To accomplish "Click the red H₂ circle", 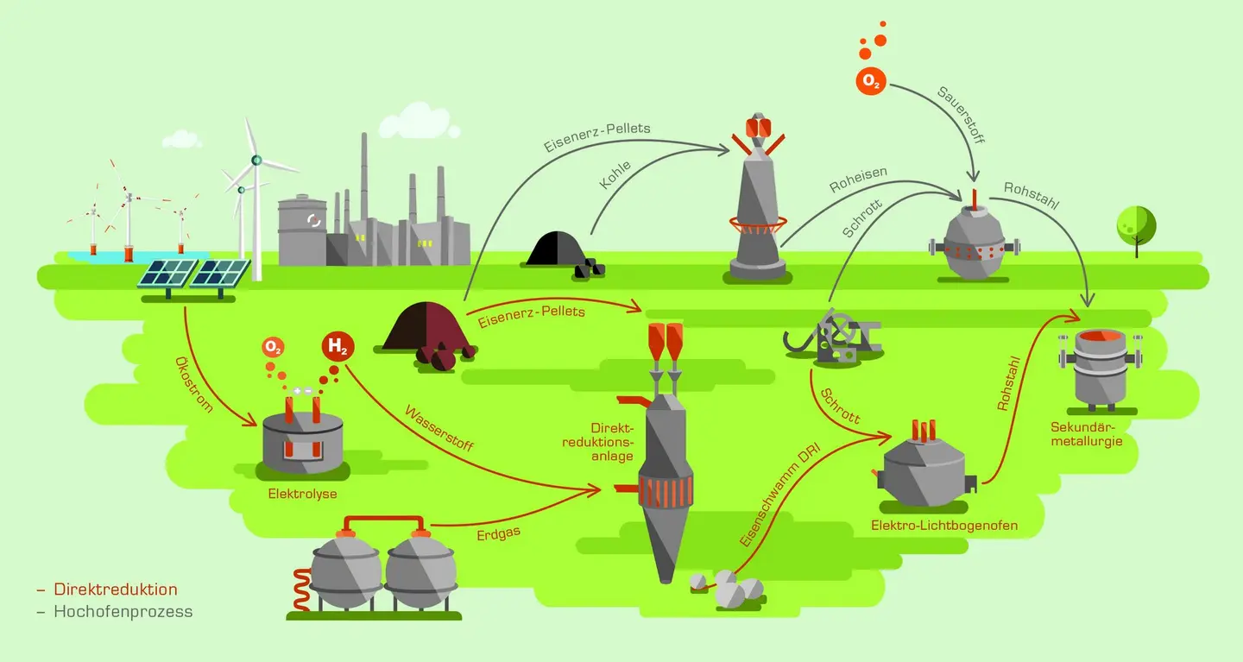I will pyautogui.click(x=338, y=348).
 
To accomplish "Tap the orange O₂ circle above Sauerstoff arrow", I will pyautogui.click(x=871, y=81).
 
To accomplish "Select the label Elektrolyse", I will pyautogui.click(x=303, y=494).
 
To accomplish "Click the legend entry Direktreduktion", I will pyautogui.click(x=115, y=589).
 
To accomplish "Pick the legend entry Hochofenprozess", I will pyautogui.click(x=123, y=611).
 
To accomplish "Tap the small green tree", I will pyautogui.click(x=1136, y=227).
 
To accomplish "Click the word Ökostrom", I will pyautogui.click(x=193, y=383).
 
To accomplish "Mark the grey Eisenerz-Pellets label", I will pyautogui.click(x=596, y=138).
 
